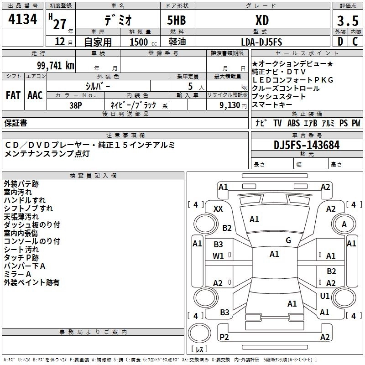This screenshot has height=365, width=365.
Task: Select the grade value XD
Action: tap(261, 21)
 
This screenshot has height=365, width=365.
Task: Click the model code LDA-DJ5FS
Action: tap(261, 42)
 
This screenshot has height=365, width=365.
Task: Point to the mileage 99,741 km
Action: tap(55, 66)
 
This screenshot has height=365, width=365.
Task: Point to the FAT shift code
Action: tap(13, 95)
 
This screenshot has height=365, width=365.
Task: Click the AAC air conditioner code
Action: tap(35, 95)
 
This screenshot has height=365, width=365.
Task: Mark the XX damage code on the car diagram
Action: tap(218, 209)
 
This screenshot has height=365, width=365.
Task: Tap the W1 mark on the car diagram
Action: tap(218, 256)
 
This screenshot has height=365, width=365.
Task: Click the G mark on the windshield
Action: tap(288, 240)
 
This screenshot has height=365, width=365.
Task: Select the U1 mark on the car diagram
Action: tap(324, 296)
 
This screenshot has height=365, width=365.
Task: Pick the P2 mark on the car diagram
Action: tap(224, 337)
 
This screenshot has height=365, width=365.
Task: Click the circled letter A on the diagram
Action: tap(344, 224)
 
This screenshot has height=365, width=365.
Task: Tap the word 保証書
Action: tap(16, 123)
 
